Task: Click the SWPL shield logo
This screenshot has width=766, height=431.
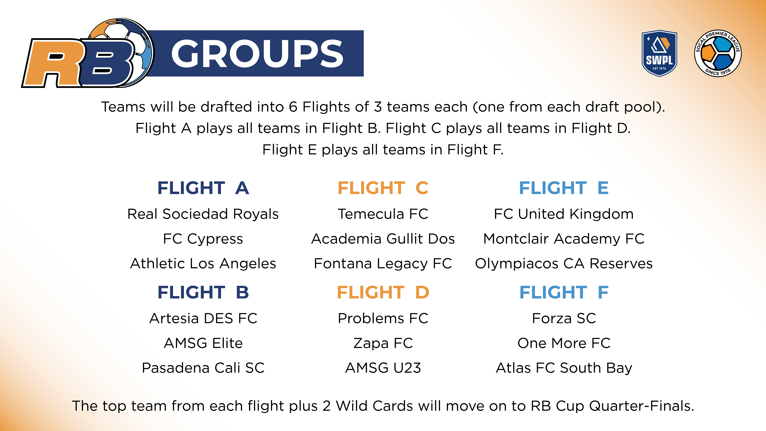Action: pyautogui.click(x=659, y=54)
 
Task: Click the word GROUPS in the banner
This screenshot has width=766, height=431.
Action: pyautogui.click(x=257, y=54)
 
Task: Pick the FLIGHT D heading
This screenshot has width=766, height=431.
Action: pyautogui.click(x=383, y=292)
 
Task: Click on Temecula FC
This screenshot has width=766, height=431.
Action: pyautogui.click(x=383, y=214)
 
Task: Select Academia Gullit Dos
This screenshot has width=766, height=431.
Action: pyautogui.click(x=383, y=239)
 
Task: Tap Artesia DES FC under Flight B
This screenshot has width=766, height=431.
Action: pyautogui.click(x=203, y=319)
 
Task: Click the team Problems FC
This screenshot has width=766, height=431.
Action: pyautogui.click(x=383, y=319)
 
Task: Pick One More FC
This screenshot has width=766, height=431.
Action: pyautogui.click(x=564, y=343)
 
